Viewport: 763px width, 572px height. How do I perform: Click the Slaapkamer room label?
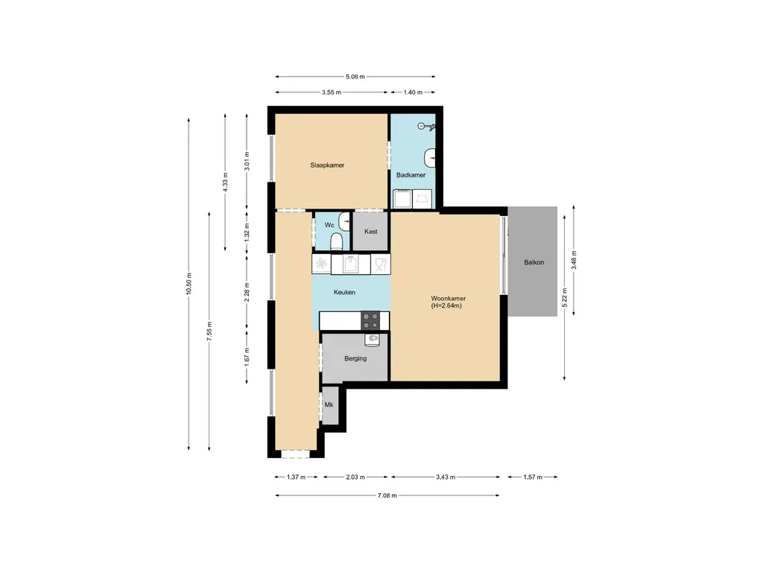click(327, 165)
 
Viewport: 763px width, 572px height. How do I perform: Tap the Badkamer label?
click(411, 175)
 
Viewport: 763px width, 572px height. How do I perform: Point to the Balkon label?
click(534, 262)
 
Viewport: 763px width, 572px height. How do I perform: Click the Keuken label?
click(344, 293)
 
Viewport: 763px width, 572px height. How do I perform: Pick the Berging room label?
click(355, 358)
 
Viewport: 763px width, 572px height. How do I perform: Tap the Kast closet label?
click(370, 232)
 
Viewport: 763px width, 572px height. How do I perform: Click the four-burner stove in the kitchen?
click(371, 321)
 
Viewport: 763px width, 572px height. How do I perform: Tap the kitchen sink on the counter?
click(350, 264)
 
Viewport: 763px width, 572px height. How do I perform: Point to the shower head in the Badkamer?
click(426, 127)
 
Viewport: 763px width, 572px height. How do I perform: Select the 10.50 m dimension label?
click(189, 283)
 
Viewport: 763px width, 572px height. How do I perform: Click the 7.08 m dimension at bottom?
click(387, 495)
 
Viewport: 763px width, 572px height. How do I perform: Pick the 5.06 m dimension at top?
click(355, 76)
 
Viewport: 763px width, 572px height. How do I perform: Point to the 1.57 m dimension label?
click(532, 477)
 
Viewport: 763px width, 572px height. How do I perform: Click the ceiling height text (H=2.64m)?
click(447, 305)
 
